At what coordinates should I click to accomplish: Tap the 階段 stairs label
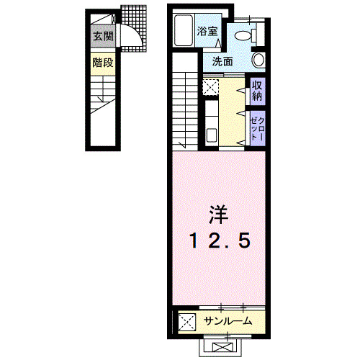(x=102, y=63)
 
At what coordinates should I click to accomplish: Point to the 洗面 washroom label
(x=222, y=61)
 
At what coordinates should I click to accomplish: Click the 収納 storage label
(x=257, y=90)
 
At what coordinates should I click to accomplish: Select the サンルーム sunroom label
(x=228, y=320)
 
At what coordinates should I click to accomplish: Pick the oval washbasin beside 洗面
(x=258, y=61)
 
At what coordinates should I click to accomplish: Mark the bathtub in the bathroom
(x=184, y=30)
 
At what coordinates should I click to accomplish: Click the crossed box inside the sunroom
(x=186, y=320)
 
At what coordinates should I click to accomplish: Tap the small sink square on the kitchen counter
(x=212, y=133)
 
